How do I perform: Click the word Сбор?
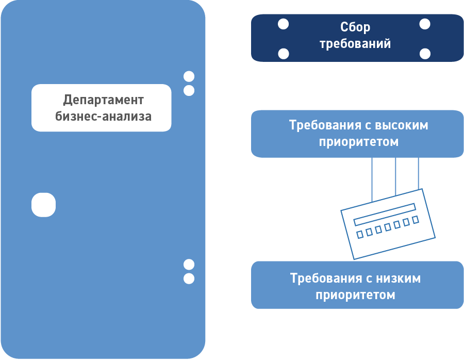(355, 28)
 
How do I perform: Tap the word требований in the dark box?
(355, 44)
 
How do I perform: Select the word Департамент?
(103, 100)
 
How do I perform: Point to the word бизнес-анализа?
(103, 116)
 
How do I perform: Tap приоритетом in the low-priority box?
(355, 295)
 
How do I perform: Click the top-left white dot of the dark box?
(283, 24)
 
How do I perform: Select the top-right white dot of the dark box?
(425, 24)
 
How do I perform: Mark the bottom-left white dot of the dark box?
(283, 54)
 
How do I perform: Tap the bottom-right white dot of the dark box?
(425, 54)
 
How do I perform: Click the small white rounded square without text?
(43, 205)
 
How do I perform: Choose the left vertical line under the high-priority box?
(372, 178)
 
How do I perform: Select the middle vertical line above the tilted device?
(395, 175)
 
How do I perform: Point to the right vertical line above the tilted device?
(418, 173)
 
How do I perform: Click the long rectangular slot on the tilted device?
(385, 214)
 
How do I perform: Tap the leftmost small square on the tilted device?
(360, 235)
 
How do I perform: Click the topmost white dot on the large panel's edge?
(189, 77)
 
